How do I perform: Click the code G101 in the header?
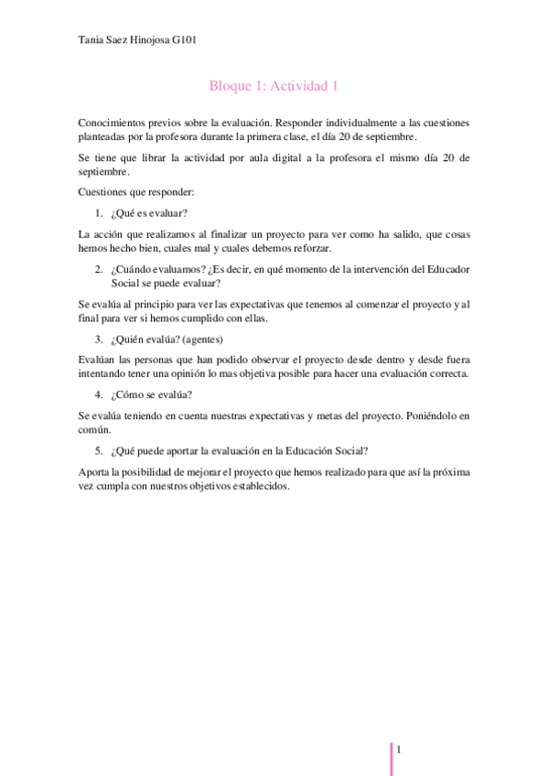[x=183, y=40]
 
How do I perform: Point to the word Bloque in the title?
[x=229, y=86]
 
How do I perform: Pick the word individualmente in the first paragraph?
[x=363, y=121]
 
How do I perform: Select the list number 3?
[x=98, y=339]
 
